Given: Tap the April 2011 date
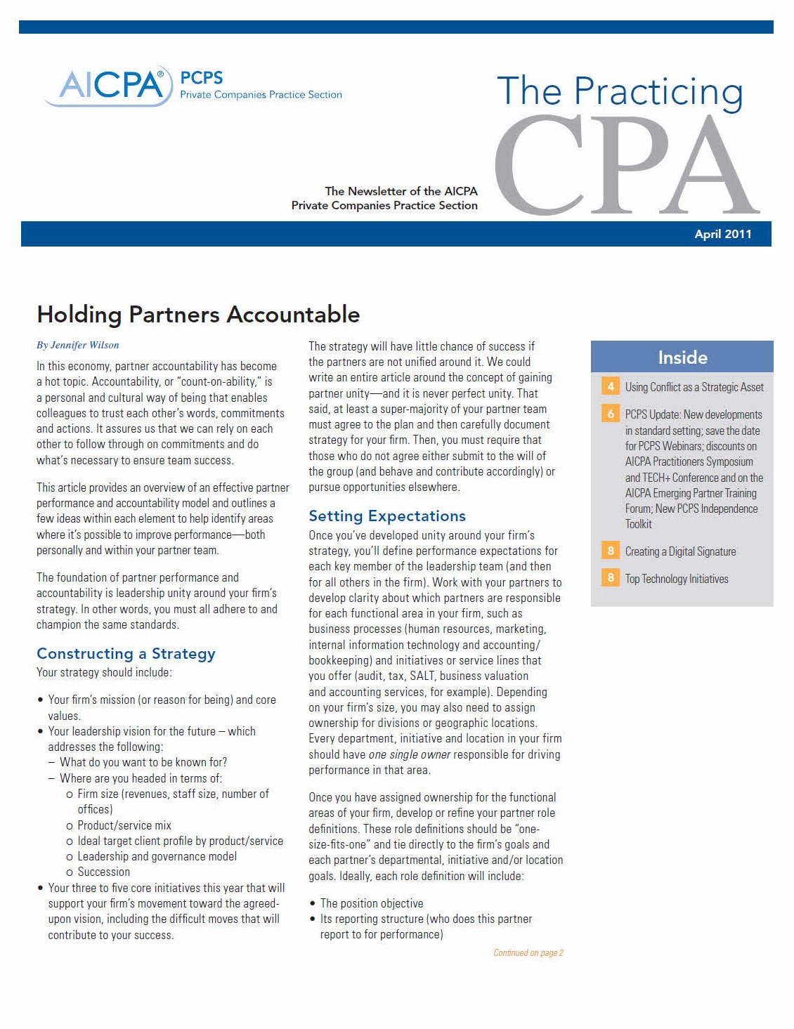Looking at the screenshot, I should (x=722, y=235).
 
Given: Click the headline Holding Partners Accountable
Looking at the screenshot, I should (x=198, y=314).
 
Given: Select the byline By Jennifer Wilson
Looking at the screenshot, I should (x=78, y=345).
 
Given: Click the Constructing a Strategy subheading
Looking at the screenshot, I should (x=126, y=653).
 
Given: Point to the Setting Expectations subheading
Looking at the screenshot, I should (x=387, y=516).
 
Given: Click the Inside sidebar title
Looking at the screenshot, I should (x=682, y=358).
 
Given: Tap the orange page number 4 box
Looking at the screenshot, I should (x=611, y=386).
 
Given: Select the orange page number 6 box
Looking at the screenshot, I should (x=611, y=414).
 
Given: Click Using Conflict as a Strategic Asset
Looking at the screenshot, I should (x=694, y=387).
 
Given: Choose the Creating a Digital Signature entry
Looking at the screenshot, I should (x=680, y=551).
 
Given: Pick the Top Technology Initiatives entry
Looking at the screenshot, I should (x=677, y=579).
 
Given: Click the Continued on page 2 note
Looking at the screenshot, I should (x=528, y=953).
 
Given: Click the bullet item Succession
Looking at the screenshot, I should (x=103, y=872).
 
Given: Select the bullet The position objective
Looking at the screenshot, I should (x=372, y=903).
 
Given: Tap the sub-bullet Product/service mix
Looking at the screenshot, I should (x=124, y=825).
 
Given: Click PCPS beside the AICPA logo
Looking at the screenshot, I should (x=202, y=78).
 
